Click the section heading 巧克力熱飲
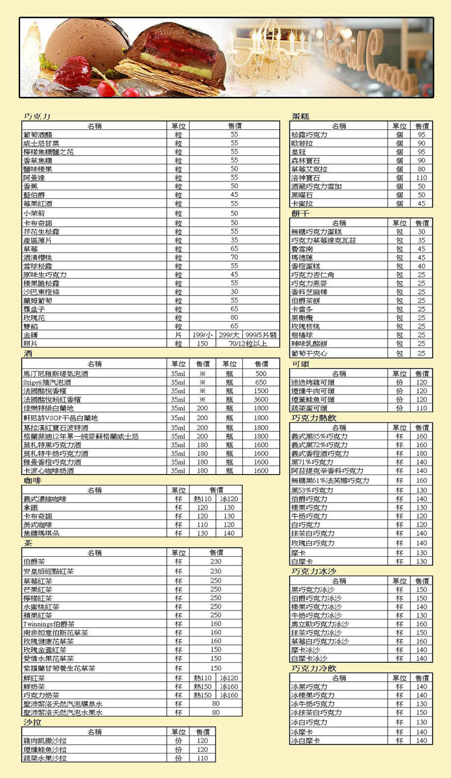[314, 418]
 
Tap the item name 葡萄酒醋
[38, 134]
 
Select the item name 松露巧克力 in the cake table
[310, 134]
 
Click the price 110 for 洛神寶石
[422, 178]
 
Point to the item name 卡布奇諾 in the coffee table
[38, 516]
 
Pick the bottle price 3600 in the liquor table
[261, 399]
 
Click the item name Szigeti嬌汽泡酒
[47, 382]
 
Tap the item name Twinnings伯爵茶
[49, 624]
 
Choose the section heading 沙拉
[32, 722]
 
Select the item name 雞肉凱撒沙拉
[45, 741]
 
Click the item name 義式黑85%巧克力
[319, 436]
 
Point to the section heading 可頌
[300, 364]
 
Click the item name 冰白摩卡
[306, 741]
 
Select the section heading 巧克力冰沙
[314, 571]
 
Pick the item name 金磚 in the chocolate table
[30, 335]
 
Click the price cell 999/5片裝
[261, 335]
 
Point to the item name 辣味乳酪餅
[310, 344]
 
